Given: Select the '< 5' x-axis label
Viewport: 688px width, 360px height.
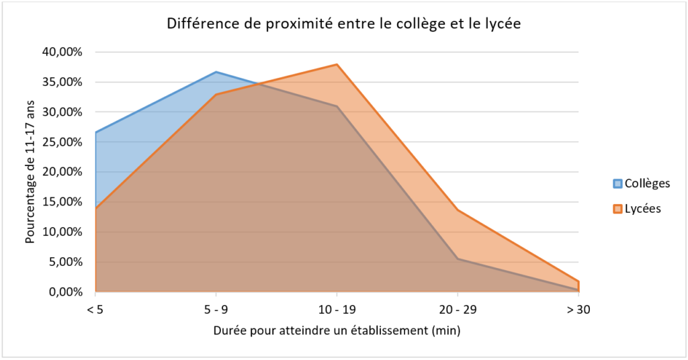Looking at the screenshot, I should [95, 310].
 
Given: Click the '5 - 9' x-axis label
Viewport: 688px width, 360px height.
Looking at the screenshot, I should [216, 310].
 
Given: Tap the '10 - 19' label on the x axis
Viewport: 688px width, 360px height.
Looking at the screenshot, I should [337, 310].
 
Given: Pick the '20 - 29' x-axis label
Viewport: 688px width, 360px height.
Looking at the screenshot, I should [458, 310].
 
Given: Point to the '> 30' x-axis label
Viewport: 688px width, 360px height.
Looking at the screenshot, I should [578, 310].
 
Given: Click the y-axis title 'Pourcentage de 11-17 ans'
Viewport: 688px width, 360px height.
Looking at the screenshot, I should [30, 172].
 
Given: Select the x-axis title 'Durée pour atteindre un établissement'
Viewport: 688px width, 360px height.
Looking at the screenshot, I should [337, 331].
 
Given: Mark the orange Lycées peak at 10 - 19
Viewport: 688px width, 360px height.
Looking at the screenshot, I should [337, 64].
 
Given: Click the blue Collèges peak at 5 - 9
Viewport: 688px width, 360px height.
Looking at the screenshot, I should [216, 72].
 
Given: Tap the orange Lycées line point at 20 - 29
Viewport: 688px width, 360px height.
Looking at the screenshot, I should [458, 210].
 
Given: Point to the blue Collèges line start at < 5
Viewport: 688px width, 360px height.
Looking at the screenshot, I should [96, 132].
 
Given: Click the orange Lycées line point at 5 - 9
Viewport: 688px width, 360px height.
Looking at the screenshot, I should [216, 95].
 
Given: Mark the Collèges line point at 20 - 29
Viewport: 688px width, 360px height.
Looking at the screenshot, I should [458, 259].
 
